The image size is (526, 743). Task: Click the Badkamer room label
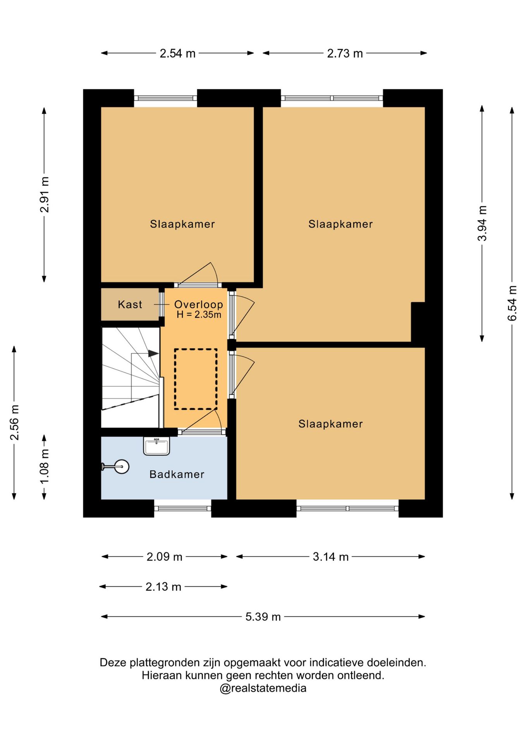coord(177,474)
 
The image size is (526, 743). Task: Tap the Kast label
coord(130,305)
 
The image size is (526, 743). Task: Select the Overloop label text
coord(198,305)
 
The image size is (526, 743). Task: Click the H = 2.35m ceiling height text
coord(199,315)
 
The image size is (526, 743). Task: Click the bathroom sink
coord(156,446)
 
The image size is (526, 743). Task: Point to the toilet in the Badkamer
coord(116,467)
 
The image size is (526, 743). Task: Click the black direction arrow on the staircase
coord(153,353)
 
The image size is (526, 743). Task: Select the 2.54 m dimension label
coord(177,53)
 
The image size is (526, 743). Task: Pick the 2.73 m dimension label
coord(345,53)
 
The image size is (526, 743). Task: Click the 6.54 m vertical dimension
coord(512,303)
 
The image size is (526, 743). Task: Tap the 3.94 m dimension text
coord(482,223)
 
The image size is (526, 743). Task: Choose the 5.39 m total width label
coord(263,616)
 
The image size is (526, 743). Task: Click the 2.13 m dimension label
coord(163,587)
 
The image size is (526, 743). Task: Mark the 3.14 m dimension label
coord(331,556)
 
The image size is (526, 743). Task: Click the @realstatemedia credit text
coord(263,688)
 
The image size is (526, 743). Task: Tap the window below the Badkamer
coord(183,508)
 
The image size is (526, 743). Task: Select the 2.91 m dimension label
coord(45,195)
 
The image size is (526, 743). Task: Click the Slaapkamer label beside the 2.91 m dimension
coord(182,224)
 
